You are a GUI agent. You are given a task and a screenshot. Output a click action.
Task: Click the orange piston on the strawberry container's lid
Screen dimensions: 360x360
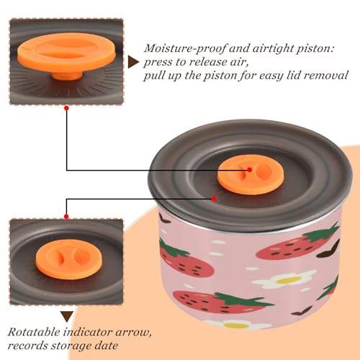(x=251, y=174)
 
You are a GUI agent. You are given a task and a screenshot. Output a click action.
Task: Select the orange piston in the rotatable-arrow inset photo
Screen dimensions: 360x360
(x=69, y=259)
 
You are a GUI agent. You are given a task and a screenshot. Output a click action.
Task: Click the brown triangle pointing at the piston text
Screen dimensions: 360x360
(x=133, y=62)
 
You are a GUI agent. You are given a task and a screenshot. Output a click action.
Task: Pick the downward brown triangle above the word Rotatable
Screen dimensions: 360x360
(x=67, y=317)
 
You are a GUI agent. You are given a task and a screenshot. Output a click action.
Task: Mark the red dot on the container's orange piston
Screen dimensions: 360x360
(x=250, y=170)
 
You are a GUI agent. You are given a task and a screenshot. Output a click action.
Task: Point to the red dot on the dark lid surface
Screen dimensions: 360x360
(x=214, y=199)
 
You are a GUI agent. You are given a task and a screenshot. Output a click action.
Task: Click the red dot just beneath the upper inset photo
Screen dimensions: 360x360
(x=67, y=108)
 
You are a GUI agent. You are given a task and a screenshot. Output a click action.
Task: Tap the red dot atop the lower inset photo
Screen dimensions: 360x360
(x=66, y=217)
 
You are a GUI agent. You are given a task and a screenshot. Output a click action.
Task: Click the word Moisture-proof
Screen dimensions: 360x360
(x=185, y=49)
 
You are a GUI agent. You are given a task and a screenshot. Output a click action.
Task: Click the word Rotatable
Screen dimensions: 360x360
(x=34, y=333)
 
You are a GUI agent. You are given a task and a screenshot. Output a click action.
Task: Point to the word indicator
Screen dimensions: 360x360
(x=88, y=333)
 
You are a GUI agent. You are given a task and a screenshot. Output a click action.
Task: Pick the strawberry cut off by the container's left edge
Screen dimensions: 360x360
(x=185, y=261)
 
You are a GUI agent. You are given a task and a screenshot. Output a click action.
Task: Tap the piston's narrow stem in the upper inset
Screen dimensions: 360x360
(x=67, y=75)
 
